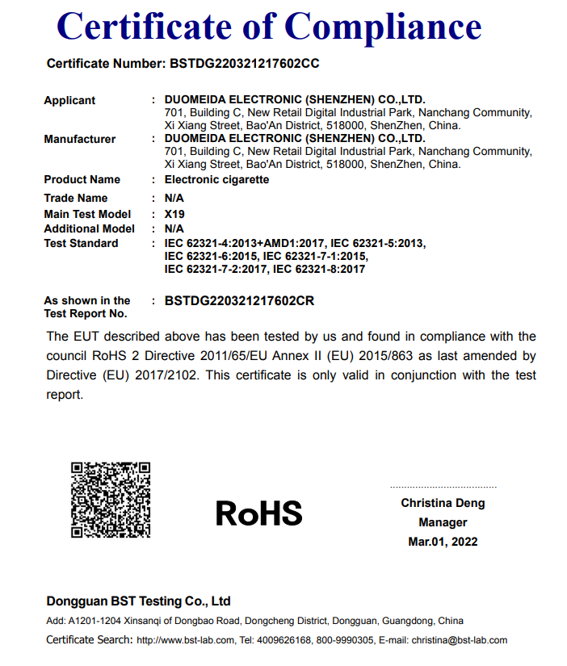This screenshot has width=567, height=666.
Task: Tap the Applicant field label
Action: click(x=69, y=100)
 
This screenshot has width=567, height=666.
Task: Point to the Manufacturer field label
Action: click(x=79, y=139)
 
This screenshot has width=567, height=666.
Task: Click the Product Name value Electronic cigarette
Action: click(x=216, y=179)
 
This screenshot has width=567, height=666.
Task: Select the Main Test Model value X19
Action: click(x=174, y=214)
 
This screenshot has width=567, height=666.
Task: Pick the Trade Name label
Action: click(x=75, y=198)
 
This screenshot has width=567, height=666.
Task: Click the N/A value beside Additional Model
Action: click(x=174, y=228)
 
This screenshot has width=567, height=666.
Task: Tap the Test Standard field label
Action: click(x=81, y=243)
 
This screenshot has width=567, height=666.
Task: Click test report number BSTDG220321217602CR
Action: click(x=239, y=301)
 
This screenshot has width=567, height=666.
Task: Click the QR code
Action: click(x=111, y=500)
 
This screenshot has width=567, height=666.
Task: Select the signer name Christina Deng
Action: click(x=443, y=503)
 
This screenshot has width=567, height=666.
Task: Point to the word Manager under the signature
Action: click(x=443, y=522)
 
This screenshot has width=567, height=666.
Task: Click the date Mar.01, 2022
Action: click(x=443, y=542)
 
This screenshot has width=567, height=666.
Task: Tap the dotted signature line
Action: click(x=443, y=488)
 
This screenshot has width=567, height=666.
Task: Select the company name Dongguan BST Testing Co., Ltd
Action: click(x=139, y=601)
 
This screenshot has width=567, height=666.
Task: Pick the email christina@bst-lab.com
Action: click(x=460, y=640)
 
